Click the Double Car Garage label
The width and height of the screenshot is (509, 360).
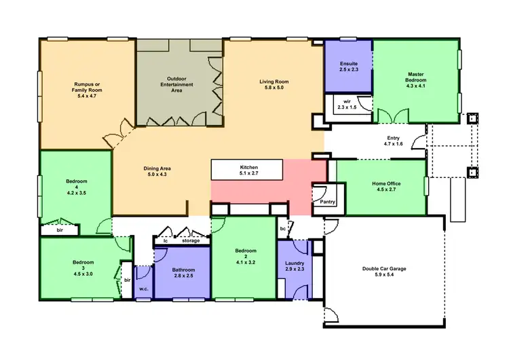click(x=384, y=269)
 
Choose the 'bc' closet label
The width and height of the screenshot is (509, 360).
click(x=283, y=229)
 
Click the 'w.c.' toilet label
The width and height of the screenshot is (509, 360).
click(x=144, y=288)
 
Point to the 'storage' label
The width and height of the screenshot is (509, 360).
click(x=191, y=240)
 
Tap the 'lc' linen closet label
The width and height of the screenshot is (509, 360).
click(x=165, y=240)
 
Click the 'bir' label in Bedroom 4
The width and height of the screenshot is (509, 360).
click(x=60, y=231)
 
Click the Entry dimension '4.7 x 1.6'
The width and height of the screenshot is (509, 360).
click(x=394, y=144)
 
